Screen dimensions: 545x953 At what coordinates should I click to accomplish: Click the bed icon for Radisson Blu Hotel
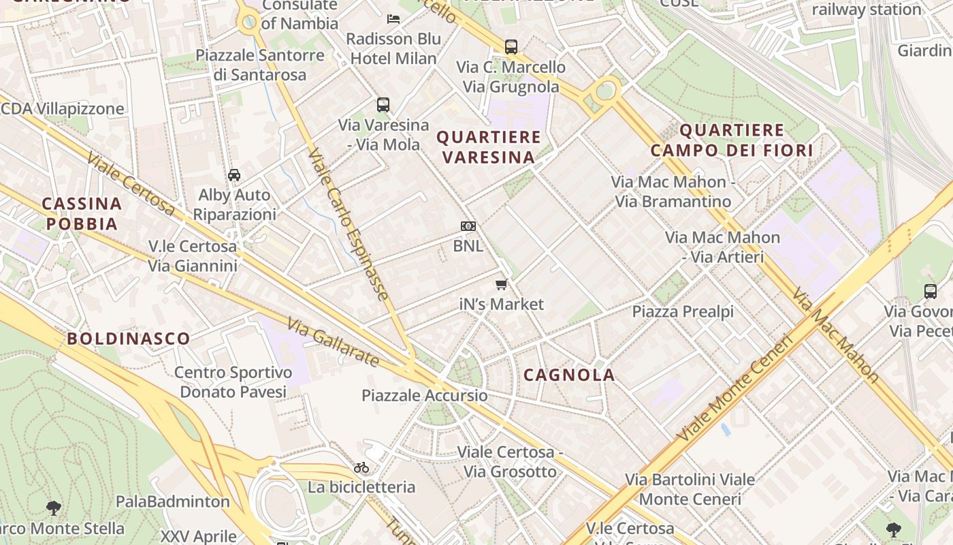pyautogui.click(x=393, y=18)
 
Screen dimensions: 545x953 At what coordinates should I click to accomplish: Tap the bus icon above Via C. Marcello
pyautogui.click(x=511, y=47)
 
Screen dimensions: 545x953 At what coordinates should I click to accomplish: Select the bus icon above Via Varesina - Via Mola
pyautogui.click(x=383, y=105)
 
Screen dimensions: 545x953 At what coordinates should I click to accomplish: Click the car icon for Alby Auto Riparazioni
pyautogui.click(x=234, y=174)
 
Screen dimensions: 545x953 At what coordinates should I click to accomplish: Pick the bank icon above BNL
pyautogui.click(x=468, y=226)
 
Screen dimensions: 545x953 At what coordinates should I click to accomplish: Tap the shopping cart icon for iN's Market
pyautogui.click(x=502, y=284)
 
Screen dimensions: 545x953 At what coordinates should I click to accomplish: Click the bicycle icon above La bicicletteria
pyautogui.click(x=361, y=467)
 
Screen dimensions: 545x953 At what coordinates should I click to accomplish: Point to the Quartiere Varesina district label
pyautogui.click(x=489, y=147)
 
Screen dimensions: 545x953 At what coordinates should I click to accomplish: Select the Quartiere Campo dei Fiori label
pyautogui.click(x=732, y=140)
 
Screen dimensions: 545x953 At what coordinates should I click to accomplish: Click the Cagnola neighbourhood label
pyautogui.click(x=569, y=375)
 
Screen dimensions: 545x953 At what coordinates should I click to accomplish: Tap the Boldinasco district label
pyautogui.click(x=129, y=339)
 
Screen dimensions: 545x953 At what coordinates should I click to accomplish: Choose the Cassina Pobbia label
pyautogui.click(x=82, y=213)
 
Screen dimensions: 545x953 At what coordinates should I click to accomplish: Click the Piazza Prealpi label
pyautogui.click(x=683, y=312)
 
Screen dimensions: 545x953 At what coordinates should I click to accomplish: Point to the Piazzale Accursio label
pyautogui.click(x=424, y=396)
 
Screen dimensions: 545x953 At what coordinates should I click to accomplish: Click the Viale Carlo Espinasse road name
pyautogui.click(x=348, y=225)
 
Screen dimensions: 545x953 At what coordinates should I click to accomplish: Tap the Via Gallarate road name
pyautogui.click(x=332, y=341)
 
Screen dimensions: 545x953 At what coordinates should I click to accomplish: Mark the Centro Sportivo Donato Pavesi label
pyautogui.click(x=233, y=382)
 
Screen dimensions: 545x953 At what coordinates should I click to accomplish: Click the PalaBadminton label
pyautogui.click(x=173, y=502)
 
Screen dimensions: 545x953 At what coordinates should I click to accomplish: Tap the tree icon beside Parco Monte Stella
pyautogui.click(x=54, y=508)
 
